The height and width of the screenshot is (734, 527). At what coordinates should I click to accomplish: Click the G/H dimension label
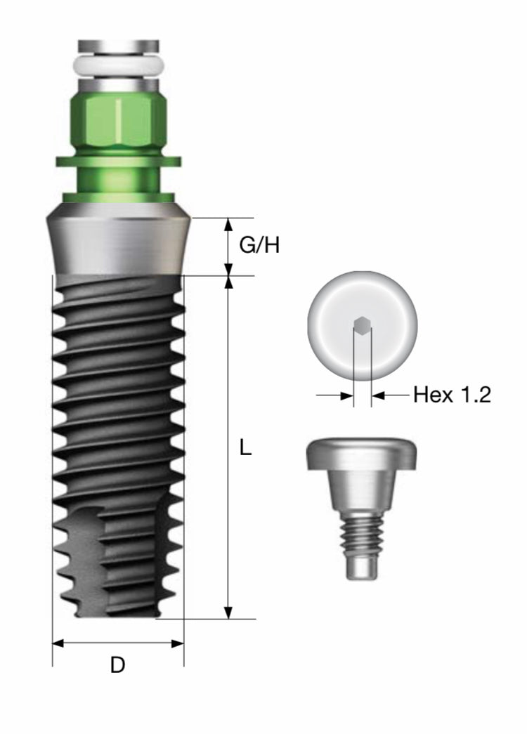(259, 245)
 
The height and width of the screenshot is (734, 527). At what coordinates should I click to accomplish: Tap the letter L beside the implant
(245, 448)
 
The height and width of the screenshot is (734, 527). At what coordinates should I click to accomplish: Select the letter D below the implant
(117, 664)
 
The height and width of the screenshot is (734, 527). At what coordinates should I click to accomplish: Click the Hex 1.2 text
(452, 395)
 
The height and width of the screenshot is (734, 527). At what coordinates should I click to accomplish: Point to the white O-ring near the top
(119, 67)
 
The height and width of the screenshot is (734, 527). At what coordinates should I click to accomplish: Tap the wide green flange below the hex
(119, 161)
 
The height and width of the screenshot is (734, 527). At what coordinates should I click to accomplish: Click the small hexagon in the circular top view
(362, 326)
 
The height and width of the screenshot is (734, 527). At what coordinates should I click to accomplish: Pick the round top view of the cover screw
(362, 326)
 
